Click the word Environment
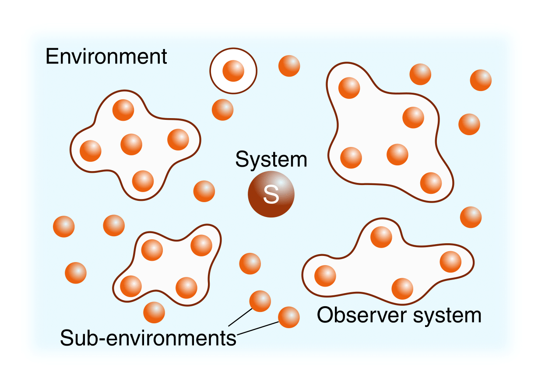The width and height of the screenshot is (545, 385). (x=106, y=57)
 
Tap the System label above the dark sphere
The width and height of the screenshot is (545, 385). (x=271, y=159)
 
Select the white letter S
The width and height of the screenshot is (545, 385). (x=271, y=195)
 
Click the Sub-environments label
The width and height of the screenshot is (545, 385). (x=148, y=337)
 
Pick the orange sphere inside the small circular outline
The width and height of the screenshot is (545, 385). (x=233, y=70)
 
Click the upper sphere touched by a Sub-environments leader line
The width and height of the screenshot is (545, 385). (x=260, y=301)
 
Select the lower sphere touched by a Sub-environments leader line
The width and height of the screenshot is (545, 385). (x=289, y=317)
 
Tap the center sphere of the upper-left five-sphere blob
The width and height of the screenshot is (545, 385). (x=131, y=144)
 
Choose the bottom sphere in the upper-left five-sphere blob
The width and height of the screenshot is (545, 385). (x=143, y=181)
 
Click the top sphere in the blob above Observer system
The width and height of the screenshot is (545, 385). (x=381, y=237)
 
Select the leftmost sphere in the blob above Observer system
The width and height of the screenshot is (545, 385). (x=325, y=276)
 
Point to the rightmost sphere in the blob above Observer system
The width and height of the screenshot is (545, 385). (x=450, y=262)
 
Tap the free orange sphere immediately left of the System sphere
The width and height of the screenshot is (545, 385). (x=204, y=191)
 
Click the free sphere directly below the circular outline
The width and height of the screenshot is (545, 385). (x=222, y=109)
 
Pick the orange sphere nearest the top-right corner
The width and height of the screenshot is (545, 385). (x=481, y=80)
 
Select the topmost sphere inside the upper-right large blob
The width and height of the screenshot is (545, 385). (x=349, y=87)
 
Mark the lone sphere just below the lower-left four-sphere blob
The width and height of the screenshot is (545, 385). (x=154, y=312)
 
